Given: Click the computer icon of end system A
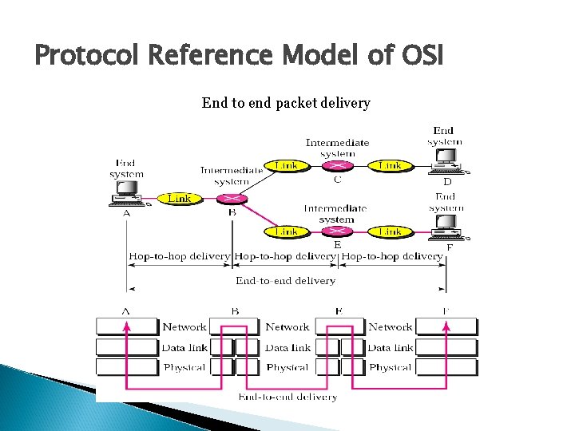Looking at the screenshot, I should click(x=125, y=192).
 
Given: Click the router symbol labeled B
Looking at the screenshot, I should click(x=232, y=199).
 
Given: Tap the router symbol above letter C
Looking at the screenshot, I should click(x=338, y=165).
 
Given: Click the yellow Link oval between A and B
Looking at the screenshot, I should click(x=179, y=198).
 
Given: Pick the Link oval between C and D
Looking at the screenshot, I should click(x=390, y=165).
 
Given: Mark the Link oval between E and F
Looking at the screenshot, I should click(x=390, y=231).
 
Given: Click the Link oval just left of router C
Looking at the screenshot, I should click(x=286, y=165).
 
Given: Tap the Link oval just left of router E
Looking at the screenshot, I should click(x=286, y=231).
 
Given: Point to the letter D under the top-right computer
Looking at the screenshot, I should click(x=447, y=181).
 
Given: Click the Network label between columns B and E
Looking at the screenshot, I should click(x=287, y=326).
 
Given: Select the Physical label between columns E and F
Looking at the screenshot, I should click(x=391, y=367).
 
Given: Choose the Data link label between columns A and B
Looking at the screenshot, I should click(x=184, y=347).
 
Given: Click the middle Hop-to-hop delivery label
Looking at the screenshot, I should click(x=285, y=256).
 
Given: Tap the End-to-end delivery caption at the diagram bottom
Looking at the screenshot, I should click(x=287, y=396).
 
